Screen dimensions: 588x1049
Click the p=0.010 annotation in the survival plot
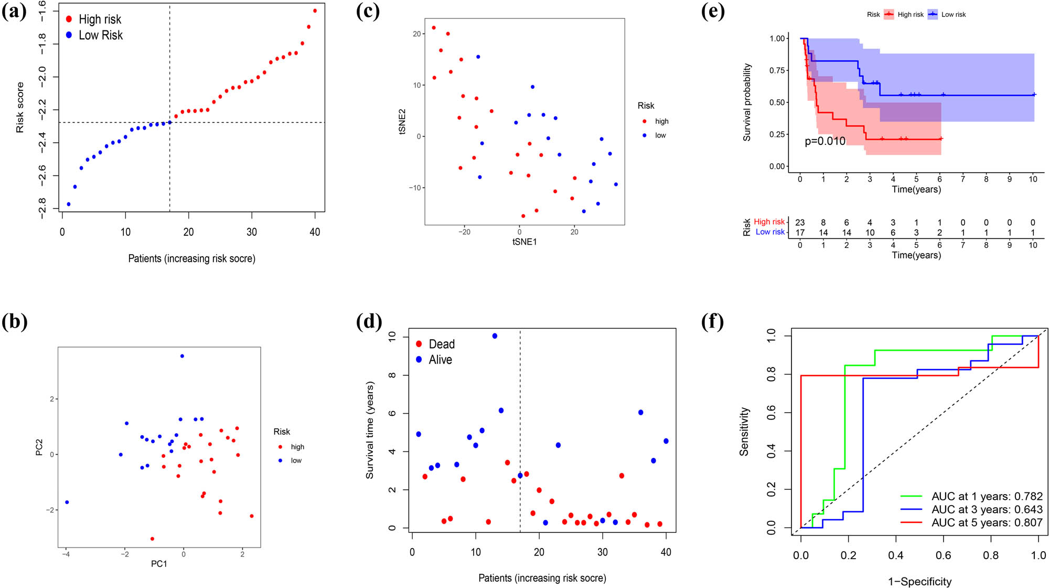coord(825,141)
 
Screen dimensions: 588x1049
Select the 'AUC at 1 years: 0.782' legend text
coord(987,496)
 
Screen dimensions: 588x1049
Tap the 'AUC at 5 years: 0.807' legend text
coord(987,523)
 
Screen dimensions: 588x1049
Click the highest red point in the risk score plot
coord(315,10)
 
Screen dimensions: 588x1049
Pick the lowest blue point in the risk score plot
coord(69,204)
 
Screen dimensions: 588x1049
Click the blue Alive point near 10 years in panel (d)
coord(495,336)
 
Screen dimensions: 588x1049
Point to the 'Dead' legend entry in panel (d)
coord(441,344)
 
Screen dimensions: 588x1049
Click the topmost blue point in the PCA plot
coord(182,356)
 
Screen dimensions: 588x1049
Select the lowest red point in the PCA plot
coord(152,539)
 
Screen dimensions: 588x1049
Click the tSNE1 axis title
coord(524,242)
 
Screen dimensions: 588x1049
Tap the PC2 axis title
coord(39,447)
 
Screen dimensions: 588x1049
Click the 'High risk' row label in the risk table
coord(769,222)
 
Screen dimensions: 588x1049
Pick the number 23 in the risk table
coord(800,223)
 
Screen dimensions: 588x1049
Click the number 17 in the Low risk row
coord(800,233)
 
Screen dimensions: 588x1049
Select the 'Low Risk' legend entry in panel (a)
coord(100,35)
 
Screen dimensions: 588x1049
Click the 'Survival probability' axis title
coord(747,102)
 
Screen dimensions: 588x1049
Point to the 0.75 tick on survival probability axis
coord(777,70)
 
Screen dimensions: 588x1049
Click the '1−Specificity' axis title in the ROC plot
coord(919,581)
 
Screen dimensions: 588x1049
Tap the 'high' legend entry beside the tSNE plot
coord(661,121)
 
